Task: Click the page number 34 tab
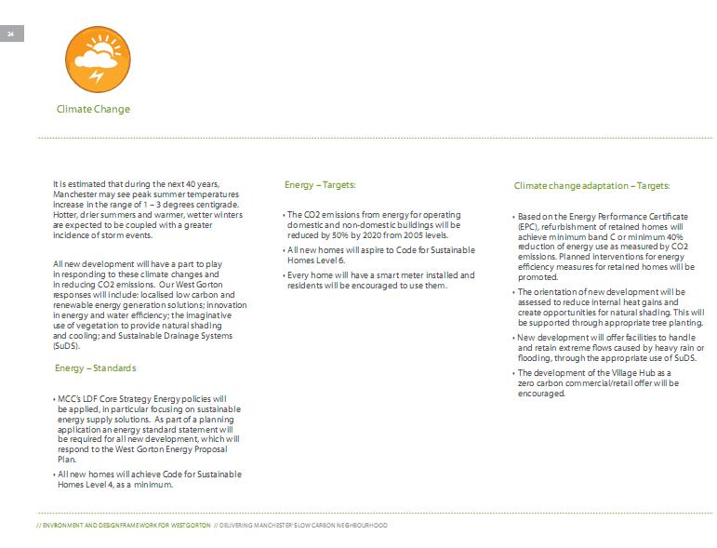tap(11, 34)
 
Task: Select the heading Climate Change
tap(93, 110)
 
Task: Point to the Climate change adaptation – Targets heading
tap(591, 186)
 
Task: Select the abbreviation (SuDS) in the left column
tap(67, 344)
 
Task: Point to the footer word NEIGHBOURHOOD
tap(356, 526)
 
